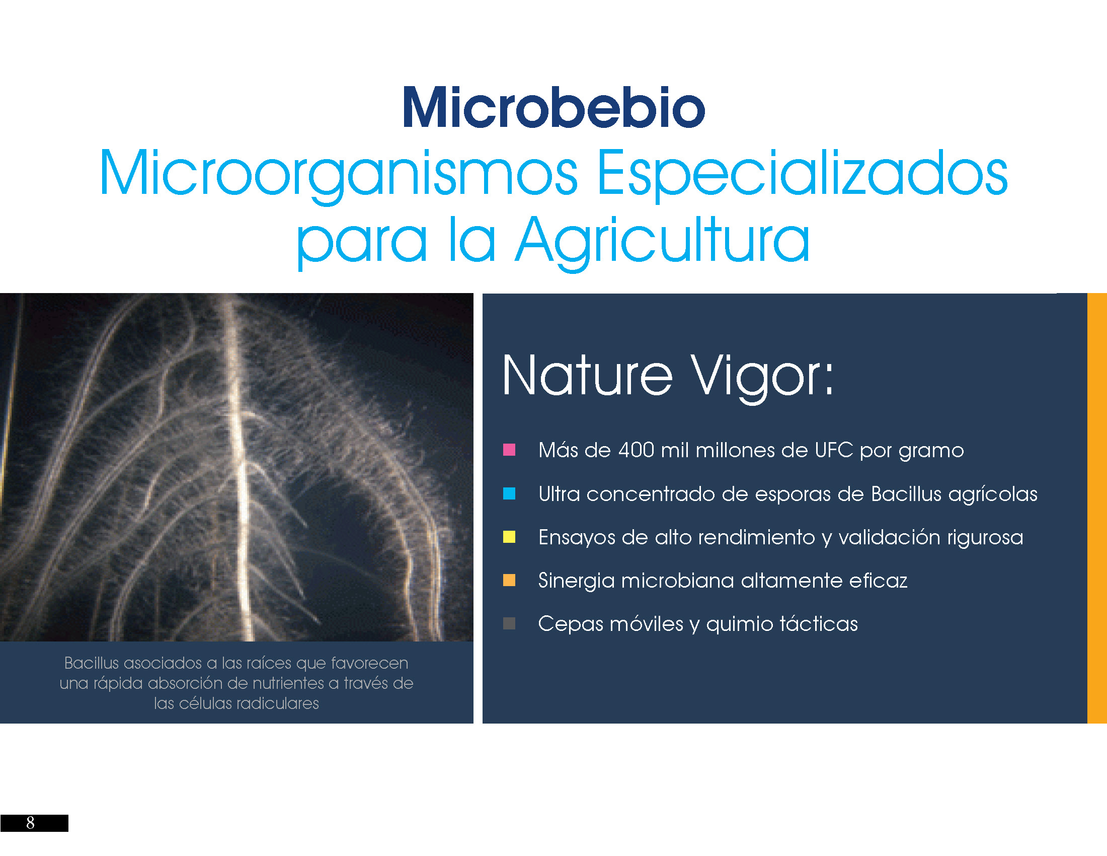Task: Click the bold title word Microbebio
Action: (x=553, y=108)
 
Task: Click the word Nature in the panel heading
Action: (x=587, y=376)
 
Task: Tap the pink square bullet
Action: (x=509, y=450)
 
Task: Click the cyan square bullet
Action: (x=509, y=493)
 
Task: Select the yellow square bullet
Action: (x=509, y=537)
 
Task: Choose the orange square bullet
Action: (x=509, y=580)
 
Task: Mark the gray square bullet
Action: (x=509, y=623)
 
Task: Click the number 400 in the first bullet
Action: (x=636, y=450)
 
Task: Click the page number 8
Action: (x=30, y=823)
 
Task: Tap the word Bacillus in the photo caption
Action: (x=91, y=663)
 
